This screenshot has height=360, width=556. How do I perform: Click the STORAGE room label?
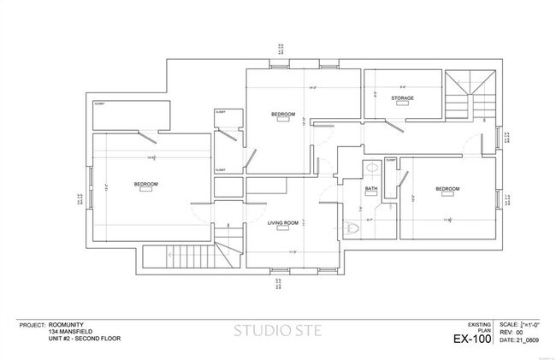(x=403, y=98)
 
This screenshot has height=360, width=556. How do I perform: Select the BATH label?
(x=371, y=188)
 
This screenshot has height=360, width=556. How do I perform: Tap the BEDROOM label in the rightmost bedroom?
(x=447, y=189)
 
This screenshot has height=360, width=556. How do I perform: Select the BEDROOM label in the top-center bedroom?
(x=283, y=115)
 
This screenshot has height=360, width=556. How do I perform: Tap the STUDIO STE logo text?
(x=277, y=331)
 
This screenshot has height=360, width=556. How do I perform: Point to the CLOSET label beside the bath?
(x=391, y=160)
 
